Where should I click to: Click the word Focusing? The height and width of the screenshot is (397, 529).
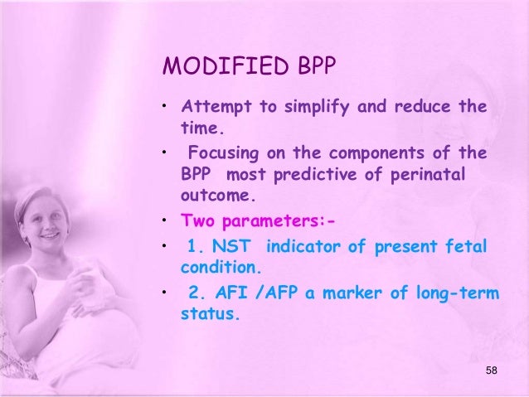click(x=221, y=153)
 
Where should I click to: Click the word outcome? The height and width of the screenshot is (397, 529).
click(x=213, y=198)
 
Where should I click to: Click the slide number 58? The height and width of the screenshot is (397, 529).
click(x=491, y=370)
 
